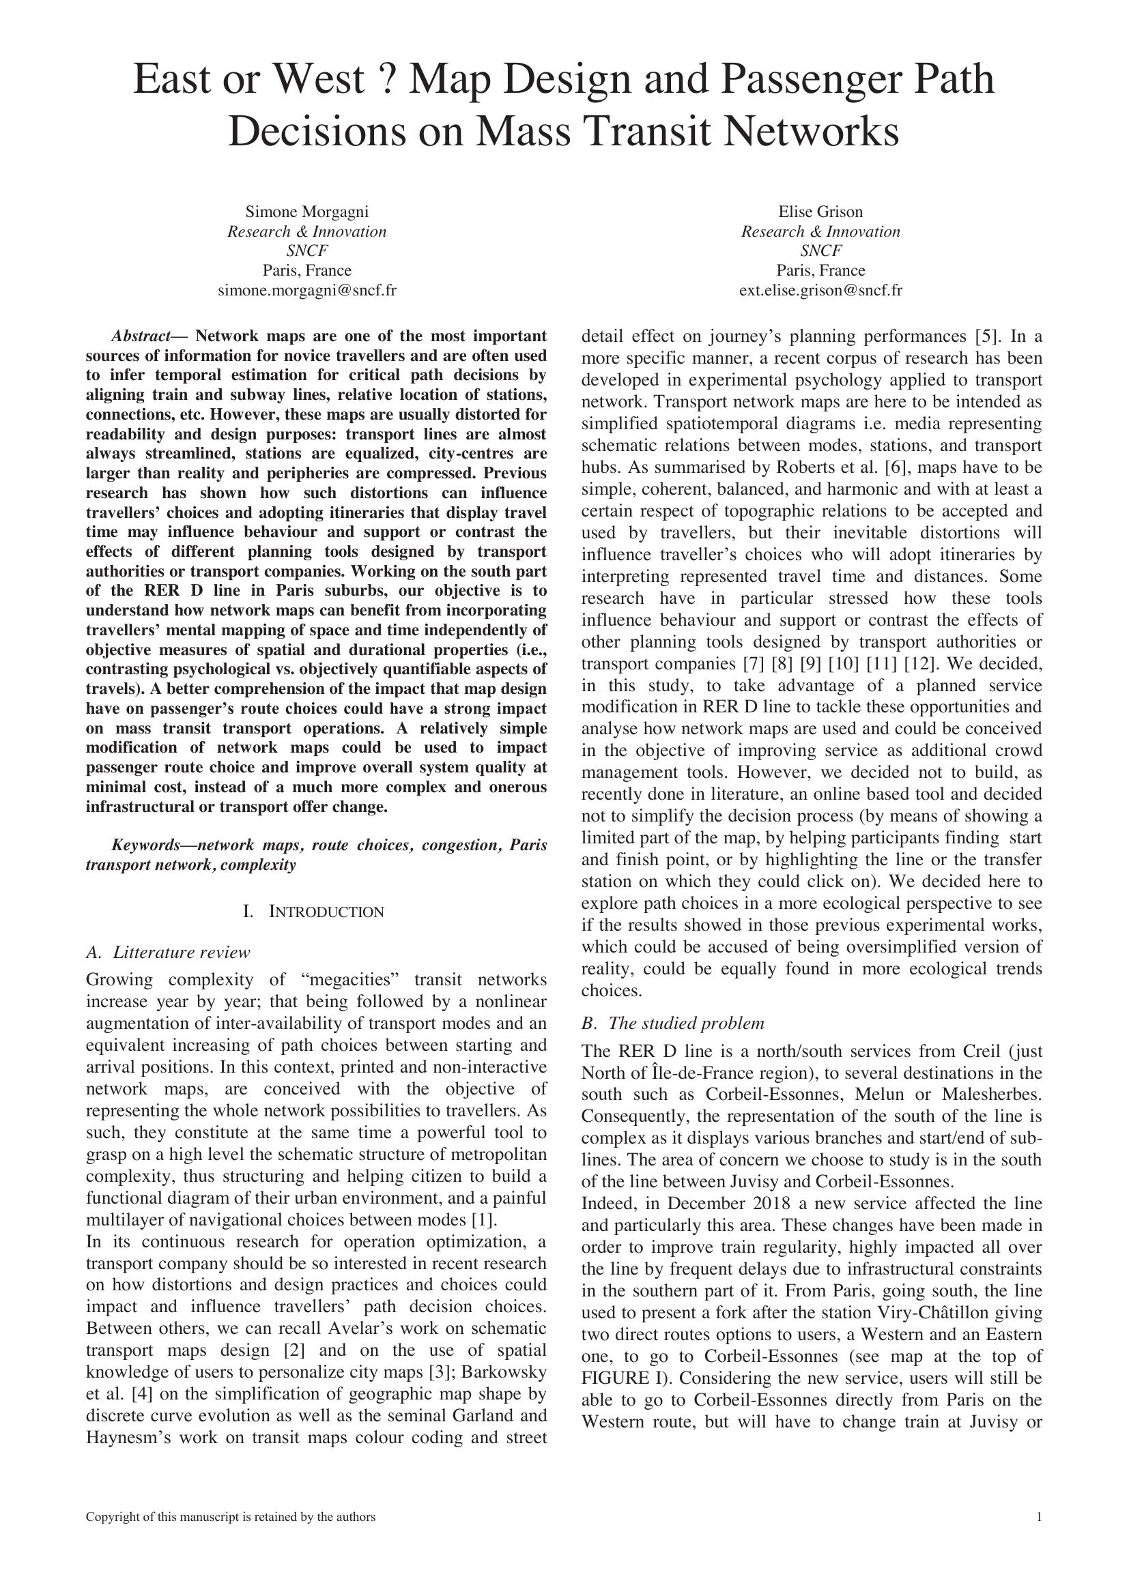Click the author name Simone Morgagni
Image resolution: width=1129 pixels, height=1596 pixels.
(x=306, y=212)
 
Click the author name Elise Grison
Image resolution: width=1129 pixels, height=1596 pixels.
(x=820, y=212)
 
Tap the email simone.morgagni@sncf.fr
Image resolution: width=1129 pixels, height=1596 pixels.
(x=306, y=291)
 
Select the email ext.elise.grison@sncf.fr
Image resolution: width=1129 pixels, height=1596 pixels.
(x=820, y=291)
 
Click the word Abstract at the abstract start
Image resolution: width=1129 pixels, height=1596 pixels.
(x=141, y=336)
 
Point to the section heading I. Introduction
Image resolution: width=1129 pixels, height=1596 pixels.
(x=313, y=912)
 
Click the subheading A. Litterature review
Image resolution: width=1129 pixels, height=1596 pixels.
(x=167, y=953)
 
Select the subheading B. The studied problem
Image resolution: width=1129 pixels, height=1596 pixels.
(x=672, y=1024)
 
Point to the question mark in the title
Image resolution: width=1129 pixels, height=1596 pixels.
(x=386, y=80)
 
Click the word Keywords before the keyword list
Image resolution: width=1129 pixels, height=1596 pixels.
(x=145, y=845)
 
